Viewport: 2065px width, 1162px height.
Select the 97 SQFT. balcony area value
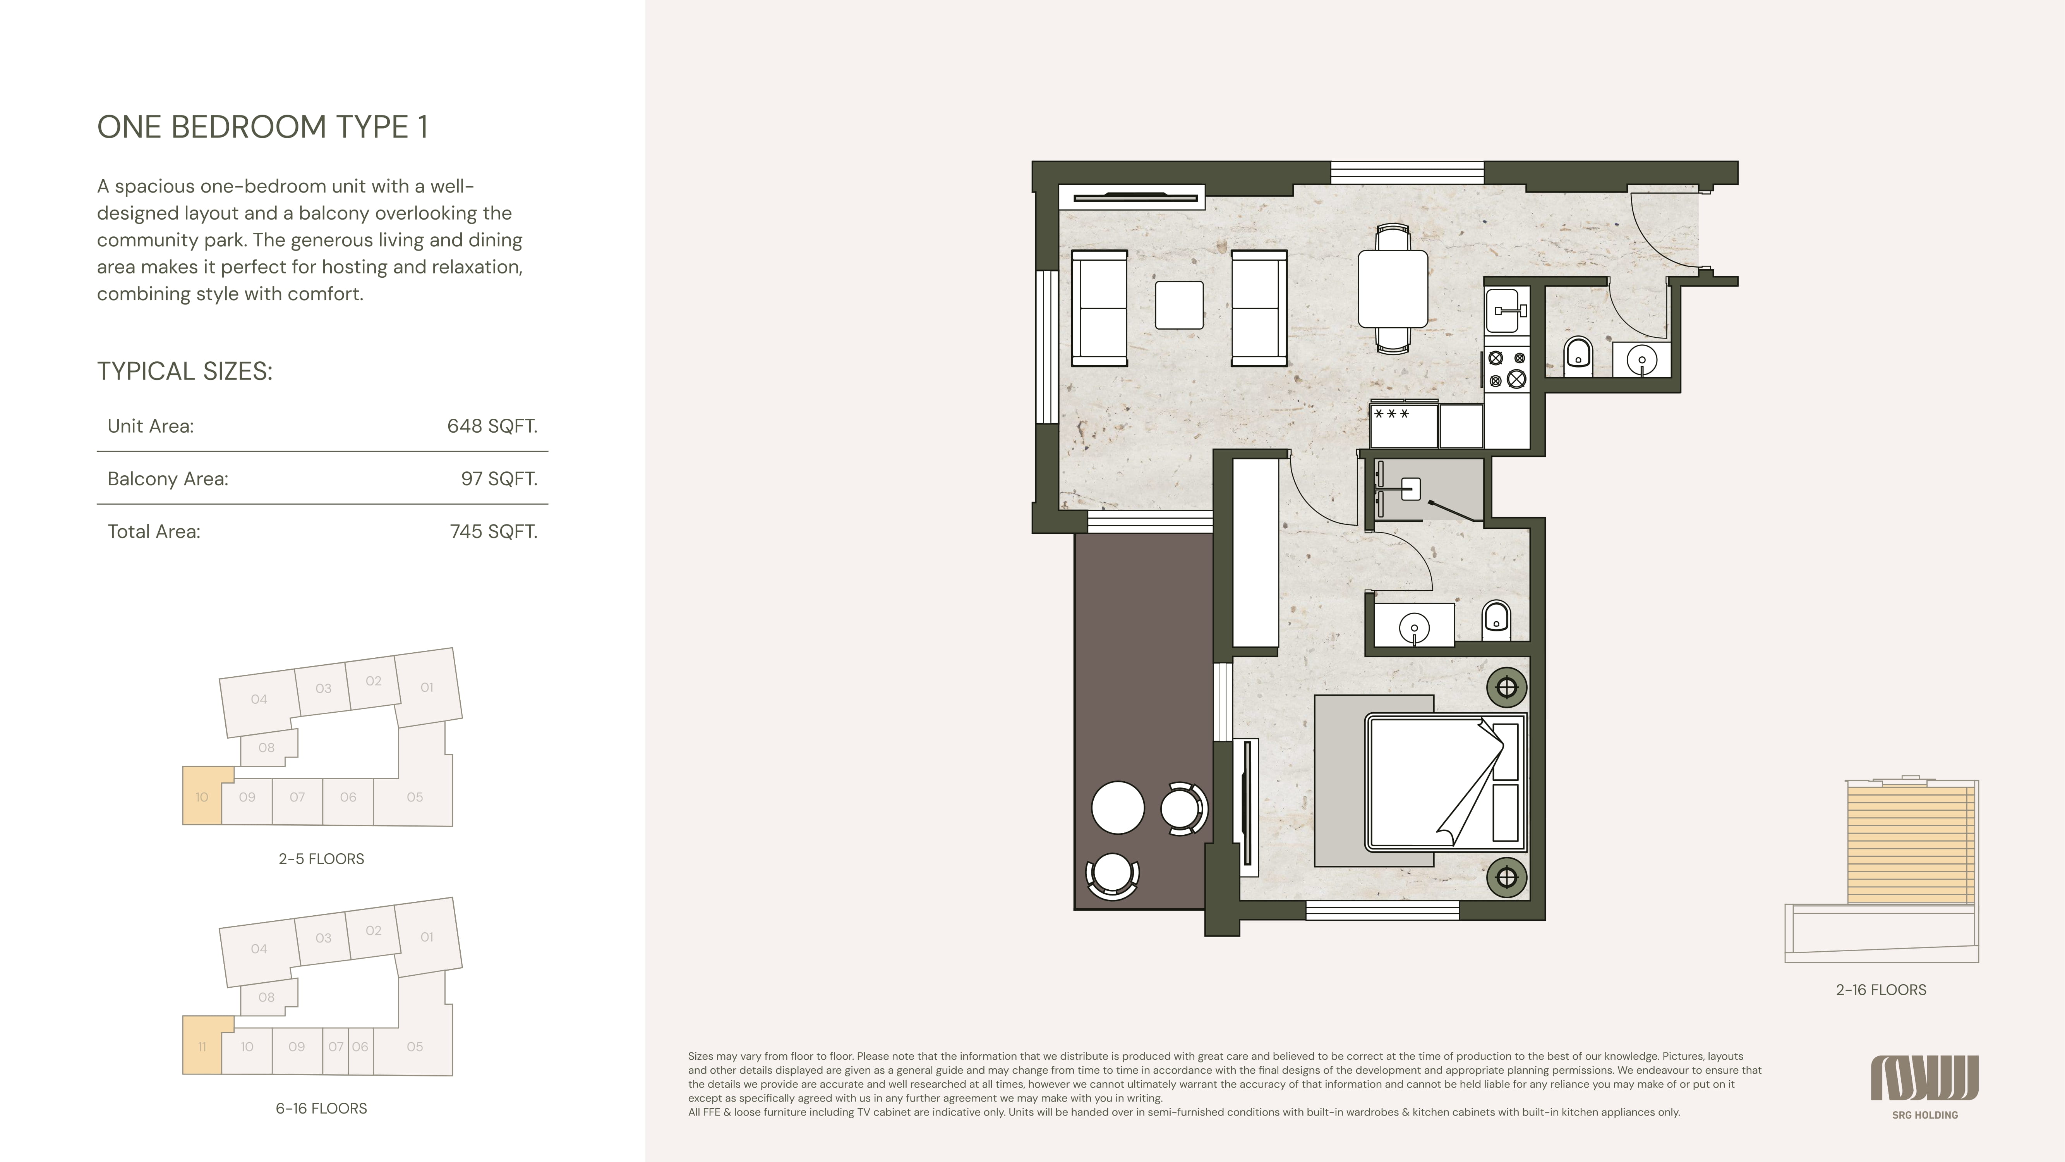[499, 479]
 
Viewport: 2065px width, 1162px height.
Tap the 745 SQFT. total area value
[493, 532]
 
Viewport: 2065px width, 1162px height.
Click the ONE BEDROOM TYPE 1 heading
[262, 127]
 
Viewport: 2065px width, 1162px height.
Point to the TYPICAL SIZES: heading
[184, 371]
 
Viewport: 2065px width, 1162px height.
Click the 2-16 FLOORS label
[1881, 990]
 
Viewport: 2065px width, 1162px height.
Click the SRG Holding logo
[1925, 1086]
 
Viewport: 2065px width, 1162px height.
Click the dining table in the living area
[1393, 289]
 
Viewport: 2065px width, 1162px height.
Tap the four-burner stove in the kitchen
[1506, 369]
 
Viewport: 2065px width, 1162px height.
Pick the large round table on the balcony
[1117, 808]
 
